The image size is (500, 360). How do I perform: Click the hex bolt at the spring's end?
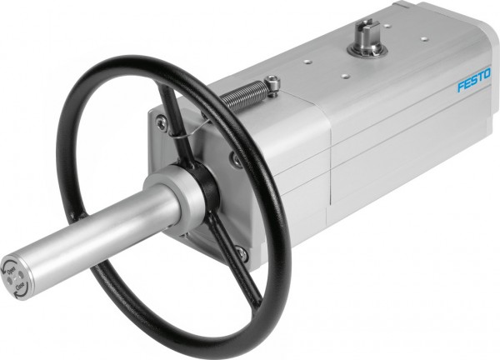tap(273, 83)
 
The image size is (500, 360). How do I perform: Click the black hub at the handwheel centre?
tap(206, 180)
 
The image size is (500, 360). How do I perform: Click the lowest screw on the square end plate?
tap(242, 252)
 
